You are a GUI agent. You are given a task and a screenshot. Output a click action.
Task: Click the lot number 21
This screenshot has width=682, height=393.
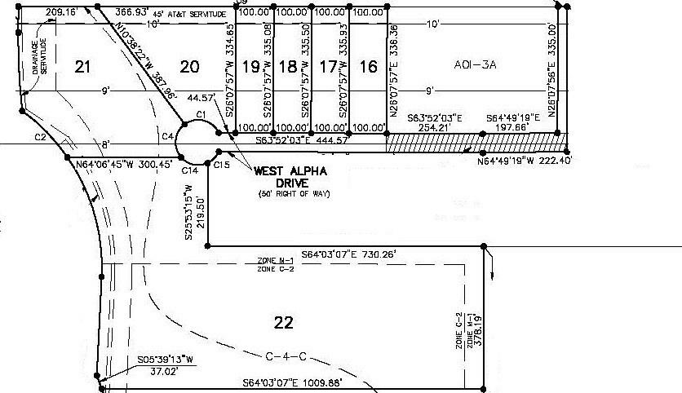tap(82, 67)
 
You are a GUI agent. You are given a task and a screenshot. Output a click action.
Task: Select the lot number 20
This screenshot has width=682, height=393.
tap(189, 67)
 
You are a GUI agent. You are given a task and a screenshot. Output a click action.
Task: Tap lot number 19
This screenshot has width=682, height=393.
tap(251, 67)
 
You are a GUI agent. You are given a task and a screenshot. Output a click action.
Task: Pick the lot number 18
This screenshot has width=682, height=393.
tap(287, 67)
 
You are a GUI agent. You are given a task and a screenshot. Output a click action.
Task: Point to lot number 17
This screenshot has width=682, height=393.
tap(327, 67)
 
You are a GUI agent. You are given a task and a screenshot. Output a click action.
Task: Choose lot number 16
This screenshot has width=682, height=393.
tap(369, 67)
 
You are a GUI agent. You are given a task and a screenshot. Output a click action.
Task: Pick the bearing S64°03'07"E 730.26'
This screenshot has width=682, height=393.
tap(349, 254)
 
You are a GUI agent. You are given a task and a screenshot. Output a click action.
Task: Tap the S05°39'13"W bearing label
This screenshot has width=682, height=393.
tap(165, 359)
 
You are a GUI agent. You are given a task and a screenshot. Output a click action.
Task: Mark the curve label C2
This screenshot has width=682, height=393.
tap(40, 137)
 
